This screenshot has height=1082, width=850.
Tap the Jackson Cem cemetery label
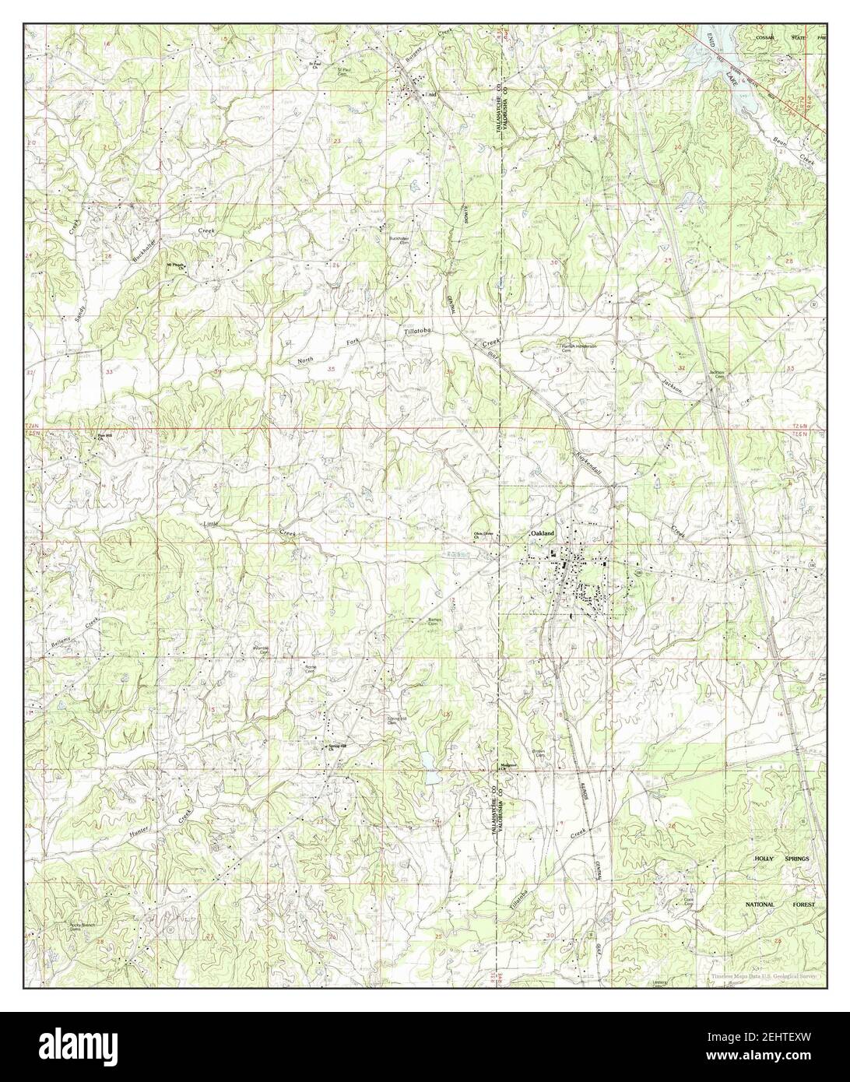[717, 374]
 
